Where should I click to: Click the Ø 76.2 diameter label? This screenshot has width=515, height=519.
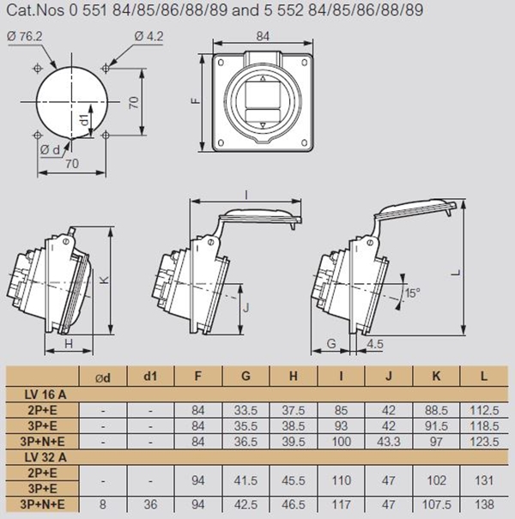click(x=24, y=36)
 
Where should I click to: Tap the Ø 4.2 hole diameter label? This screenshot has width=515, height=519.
click(x=149, y=36)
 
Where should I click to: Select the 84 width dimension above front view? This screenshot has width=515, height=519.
click(x=263, y=36)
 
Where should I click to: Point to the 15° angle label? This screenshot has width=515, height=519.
click(x=413, y=293)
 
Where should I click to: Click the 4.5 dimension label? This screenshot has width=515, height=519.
click(x=375, y=344)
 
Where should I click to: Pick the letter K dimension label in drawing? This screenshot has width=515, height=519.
click(x=105, y=280)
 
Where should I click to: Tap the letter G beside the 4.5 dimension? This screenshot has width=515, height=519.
click(x=331, y=344)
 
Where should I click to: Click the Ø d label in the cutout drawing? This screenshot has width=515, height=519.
click(x=50, y=150)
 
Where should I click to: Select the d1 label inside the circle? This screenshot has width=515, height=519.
click(x=85, y=119)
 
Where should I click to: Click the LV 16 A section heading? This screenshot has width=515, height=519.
click(x=45, y=395)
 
